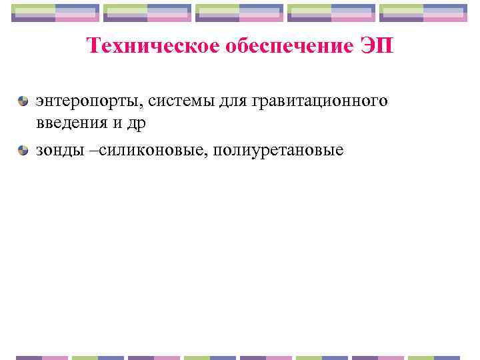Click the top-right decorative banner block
[423, 13]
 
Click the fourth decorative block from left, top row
[331, 13]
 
